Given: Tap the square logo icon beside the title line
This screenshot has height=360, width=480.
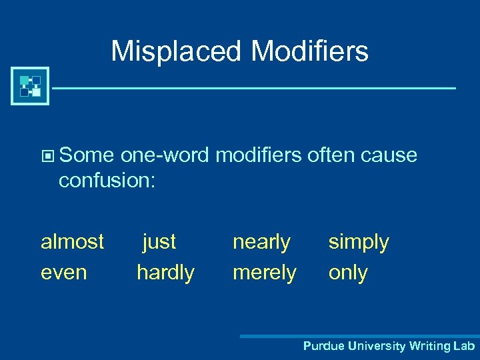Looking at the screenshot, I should (30, 86).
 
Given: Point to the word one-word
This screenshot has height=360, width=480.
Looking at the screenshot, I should (166, 155).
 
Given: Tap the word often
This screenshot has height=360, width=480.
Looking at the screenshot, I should (331, 155).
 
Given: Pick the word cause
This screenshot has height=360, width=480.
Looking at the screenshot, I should (389, 155).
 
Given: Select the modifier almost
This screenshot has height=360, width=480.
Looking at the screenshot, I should (73, 241).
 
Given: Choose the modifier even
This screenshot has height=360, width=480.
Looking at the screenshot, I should (64, 272).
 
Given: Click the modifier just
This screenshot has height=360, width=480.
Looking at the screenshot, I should (159, 241).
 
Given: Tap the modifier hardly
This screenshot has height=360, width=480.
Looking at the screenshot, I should (165, 272).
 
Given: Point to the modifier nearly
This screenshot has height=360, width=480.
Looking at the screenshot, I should (261, 242).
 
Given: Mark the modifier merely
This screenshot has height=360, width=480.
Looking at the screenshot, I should (265, 272).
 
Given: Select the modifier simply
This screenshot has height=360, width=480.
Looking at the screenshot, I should (359, 242).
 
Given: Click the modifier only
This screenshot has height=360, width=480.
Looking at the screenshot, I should (348, 273).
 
